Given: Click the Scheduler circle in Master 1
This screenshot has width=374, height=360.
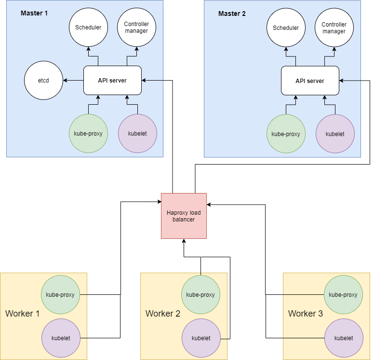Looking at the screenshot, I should coord(88,28).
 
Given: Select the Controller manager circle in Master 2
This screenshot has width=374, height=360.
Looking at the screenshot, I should coord(334,28).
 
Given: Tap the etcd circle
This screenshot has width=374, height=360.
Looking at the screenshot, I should coord(43,80).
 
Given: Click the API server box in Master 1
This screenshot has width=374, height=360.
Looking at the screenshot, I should coord(112,80).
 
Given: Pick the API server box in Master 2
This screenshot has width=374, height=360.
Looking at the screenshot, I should coord(310,81).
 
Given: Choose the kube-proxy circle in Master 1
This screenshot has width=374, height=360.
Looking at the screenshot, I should coord(88,134).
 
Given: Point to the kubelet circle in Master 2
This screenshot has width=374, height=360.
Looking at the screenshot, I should coord(335,134).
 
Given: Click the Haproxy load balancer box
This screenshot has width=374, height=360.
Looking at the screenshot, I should coord(184,216).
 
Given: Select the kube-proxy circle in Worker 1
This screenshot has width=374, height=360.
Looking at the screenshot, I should coord(60,295).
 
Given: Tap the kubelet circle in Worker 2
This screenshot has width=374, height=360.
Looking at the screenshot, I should coord(201,338).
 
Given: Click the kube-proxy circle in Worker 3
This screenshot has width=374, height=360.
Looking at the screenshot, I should coord(343,295).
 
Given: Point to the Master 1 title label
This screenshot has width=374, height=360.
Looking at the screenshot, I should coord(34,13).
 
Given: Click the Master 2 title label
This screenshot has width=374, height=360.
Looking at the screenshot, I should coord(232,14).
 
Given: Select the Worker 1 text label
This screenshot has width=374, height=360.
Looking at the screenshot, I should coord(22,314).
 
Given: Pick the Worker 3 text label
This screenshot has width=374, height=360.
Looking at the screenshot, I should coord(306,314).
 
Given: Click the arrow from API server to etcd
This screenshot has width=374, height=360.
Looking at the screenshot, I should coord(73,80).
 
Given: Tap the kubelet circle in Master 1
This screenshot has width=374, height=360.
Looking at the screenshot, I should coord(137,134).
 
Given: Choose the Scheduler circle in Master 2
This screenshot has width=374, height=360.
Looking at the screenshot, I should coord(286,28).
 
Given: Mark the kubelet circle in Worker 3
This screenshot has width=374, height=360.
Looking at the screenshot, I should coord(343,338).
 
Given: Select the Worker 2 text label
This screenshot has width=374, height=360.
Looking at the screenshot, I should coord(163,314).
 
